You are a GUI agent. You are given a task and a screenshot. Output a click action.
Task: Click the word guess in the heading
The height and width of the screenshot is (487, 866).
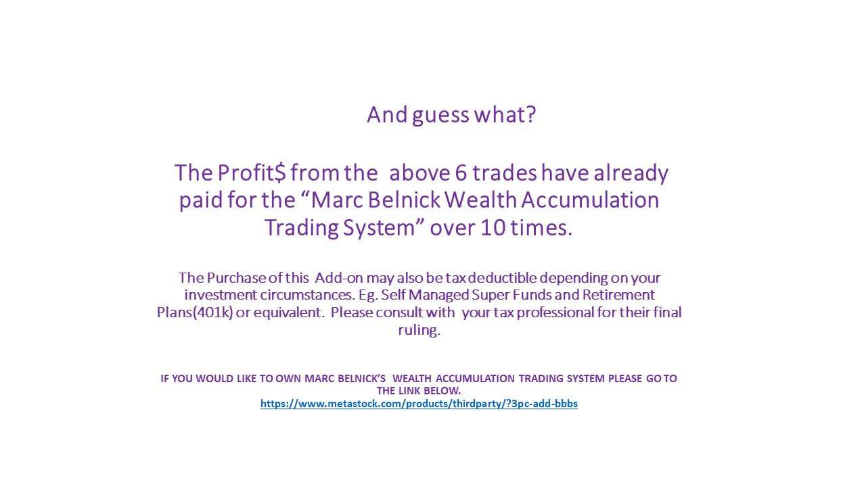coord(440,115)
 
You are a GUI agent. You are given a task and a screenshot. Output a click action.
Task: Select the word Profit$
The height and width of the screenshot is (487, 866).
coord(251,172)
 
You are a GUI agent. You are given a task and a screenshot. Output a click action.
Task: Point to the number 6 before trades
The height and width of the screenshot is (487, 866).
coord(461,173)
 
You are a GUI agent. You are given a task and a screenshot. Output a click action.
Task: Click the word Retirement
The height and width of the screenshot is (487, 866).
coord(618,295)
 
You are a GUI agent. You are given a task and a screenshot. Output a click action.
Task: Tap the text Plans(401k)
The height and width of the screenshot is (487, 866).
coord(195,312)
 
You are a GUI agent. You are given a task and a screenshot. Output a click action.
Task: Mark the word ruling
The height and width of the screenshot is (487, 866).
coord(419,331)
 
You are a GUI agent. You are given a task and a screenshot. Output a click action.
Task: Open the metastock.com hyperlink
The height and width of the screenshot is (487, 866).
coord(419,404)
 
